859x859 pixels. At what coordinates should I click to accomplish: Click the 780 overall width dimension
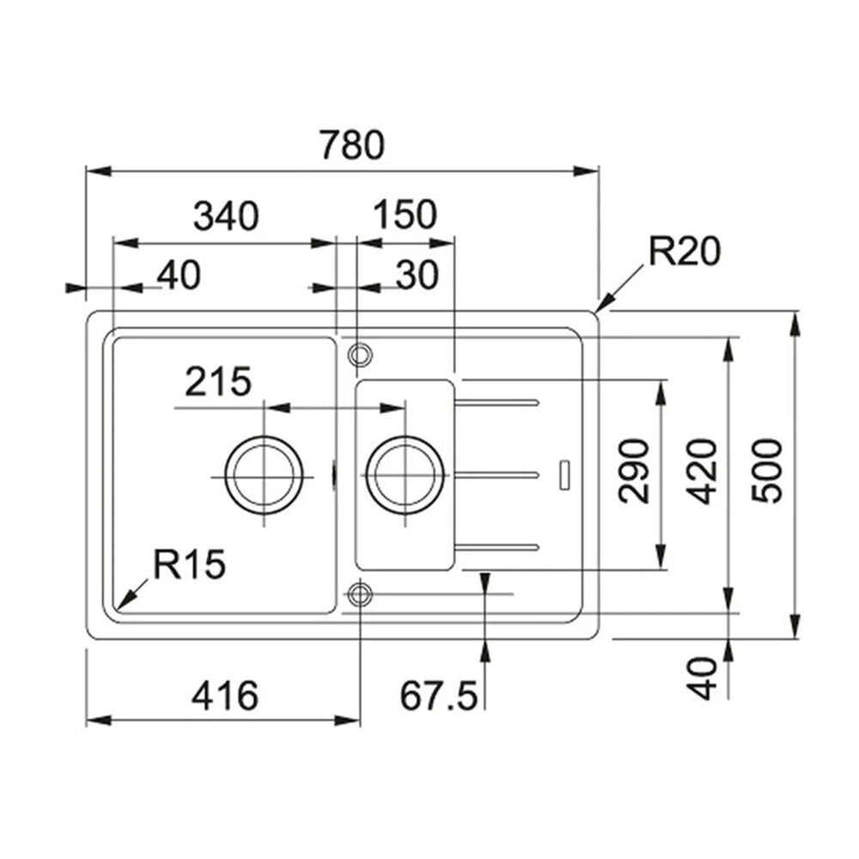pos(353,144)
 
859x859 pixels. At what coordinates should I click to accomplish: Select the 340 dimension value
pos(226,216)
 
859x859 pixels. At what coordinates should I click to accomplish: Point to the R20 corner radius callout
pos(685,252)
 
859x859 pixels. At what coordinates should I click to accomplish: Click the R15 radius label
pos(189,564)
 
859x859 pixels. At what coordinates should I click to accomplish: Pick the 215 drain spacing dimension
pos(218,381)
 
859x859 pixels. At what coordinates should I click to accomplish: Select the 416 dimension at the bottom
pos(224,696)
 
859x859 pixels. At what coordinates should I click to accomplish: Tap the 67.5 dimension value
pos(439,696)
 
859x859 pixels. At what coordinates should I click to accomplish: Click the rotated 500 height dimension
pos(767,471)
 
